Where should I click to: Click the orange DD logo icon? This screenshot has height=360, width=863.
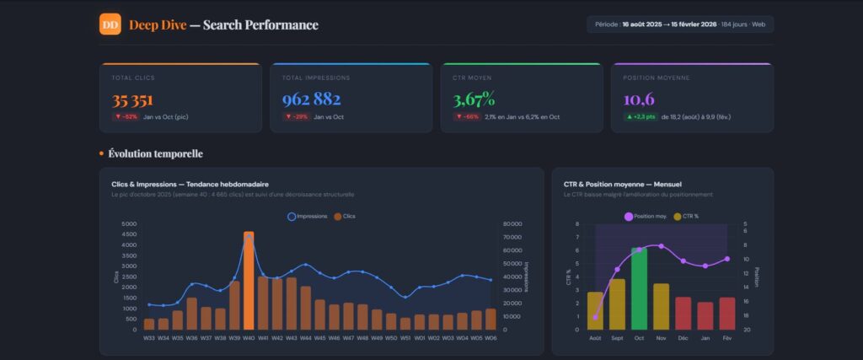(x=110, y=24)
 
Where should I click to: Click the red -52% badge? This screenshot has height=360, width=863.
(x=126, y=117)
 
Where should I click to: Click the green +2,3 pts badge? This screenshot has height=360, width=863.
(x=640, y=117)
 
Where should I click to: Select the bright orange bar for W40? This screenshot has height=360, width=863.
(x=249, y=281)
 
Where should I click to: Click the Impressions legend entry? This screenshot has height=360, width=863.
(x=308, y=217)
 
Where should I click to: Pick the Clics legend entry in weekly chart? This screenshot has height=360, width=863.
(x=345, y=217)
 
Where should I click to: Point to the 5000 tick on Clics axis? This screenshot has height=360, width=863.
(x=129, y=224)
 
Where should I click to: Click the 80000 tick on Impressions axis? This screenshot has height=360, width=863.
(x=512, y=224)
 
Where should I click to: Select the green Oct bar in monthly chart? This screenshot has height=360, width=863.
(x=639, y=288)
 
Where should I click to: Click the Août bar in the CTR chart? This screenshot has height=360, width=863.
(x=595, y=310)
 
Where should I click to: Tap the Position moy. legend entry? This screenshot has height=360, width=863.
(x=645, y=217)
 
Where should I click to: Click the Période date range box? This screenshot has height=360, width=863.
(x=680, y=24)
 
